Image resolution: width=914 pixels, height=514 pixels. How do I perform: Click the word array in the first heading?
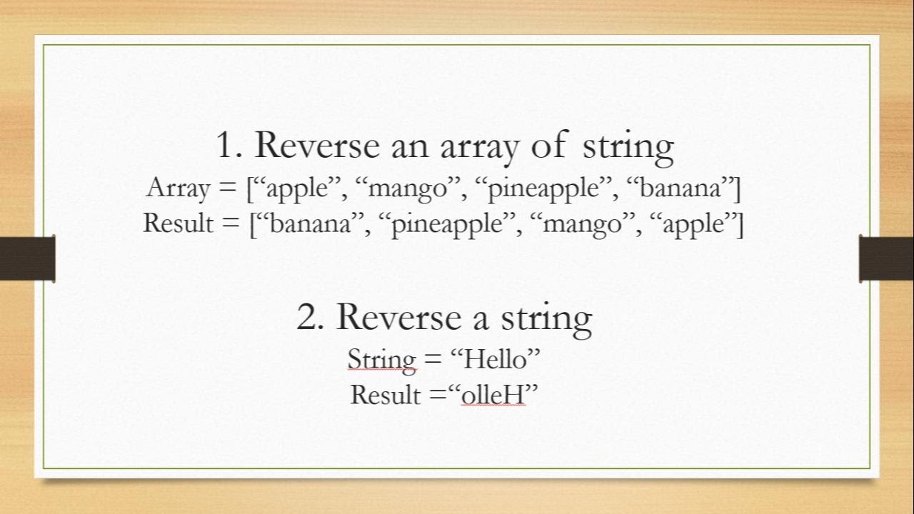click(x=477, y=146)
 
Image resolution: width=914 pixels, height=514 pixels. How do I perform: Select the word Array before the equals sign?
click(x=179, y=188)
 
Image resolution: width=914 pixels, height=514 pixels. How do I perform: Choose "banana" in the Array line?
click(x=680, y=188)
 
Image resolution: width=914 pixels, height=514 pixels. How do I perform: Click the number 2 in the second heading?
click(x=310, y=316)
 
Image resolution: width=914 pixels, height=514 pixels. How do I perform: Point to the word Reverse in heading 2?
click(x=401, y=316)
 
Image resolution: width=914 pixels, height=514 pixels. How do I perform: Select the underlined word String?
click(x=381, y=358)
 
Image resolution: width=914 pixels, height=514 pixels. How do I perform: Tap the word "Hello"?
click(x=496, y=358)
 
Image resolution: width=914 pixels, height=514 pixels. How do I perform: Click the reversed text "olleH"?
click(x=493, y=393)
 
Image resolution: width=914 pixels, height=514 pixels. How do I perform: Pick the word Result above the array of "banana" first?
click(x=179, y=223)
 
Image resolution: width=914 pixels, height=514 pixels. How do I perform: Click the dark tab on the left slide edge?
click(x=27, y=258)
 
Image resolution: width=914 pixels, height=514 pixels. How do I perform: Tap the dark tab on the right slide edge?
click(x=886, y=258)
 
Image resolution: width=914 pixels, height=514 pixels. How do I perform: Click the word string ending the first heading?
click(x=628, y=146)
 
